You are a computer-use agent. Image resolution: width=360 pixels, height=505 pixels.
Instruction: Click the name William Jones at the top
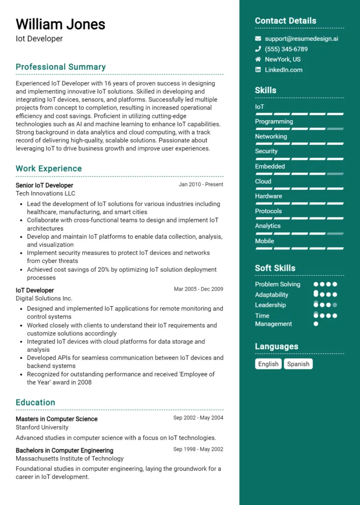coord(60,24)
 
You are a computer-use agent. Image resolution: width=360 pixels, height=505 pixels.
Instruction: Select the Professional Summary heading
coord(61,67)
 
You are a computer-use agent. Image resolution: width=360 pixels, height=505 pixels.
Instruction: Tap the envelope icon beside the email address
coord(258,38)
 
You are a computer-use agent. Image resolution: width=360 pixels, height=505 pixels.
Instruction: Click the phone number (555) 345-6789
coord(286,49)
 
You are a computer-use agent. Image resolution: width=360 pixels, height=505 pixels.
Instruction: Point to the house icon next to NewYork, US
coord(258,59)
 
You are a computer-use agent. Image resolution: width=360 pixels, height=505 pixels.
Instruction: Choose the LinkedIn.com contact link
coord(284,70)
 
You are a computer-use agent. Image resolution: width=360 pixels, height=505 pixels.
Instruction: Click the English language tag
coord(268,364)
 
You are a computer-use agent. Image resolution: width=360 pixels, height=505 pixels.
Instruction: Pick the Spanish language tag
coord(298,364)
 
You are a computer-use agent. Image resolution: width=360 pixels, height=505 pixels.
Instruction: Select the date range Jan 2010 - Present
coord(201,184)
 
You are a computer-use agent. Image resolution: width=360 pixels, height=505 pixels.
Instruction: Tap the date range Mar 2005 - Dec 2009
coord(198,289)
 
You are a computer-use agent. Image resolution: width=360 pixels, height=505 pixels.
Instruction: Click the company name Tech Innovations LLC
coord(45,194)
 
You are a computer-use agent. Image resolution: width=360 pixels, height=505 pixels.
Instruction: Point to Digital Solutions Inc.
coord(44,298)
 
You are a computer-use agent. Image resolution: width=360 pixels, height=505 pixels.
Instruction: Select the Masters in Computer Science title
coord(57,419)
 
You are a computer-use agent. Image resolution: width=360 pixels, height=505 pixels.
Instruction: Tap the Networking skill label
coord(271,137)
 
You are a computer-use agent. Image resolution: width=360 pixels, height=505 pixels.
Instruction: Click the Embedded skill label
coord(270,167)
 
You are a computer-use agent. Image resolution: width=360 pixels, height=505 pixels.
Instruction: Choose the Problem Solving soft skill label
coord(278,285)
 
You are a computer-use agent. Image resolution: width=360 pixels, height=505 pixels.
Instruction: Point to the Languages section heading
coord(277,347)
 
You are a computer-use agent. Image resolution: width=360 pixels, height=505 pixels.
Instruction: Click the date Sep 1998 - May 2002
coord(198,450)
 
